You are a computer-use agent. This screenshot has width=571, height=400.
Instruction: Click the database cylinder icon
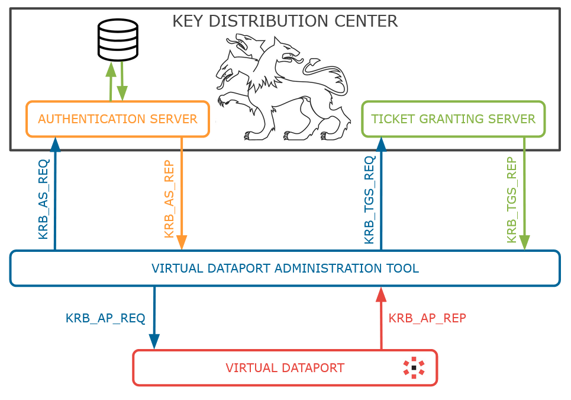[x=118, y=40]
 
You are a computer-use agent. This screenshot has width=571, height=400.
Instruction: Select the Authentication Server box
[x=118, y=119]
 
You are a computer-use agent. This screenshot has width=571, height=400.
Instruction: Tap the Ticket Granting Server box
[x=453, y=119]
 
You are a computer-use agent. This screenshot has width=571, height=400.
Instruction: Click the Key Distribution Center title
[x=285, y=21]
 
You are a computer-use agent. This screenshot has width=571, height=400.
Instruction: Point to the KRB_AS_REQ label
[x=43, y=199]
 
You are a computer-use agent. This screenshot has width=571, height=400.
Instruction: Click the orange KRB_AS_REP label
[x=169, y=199]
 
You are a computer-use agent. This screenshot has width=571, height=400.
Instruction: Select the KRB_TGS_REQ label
[x=369, y=200]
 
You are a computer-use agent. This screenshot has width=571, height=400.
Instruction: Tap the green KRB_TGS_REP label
[x=512, y=200]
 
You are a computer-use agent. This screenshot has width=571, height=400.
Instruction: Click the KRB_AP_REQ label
[x=105, y=318]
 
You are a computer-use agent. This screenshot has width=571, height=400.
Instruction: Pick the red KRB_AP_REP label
[x=427, y=318]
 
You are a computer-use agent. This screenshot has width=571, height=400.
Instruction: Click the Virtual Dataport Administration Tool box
[x=285, y=268]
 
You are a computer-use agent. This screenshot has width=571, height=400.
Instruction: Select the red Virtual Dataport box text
[x=285, y=368]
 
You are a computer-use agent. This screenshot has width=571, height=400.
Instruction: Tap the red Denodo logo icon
[x=414, y=367]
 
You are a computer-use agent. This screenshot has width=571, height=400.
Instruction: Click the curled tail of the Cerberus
[x=328, y=73]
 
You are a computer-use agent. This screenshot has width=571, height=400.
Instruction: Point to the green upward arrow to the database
[x=111, y=81]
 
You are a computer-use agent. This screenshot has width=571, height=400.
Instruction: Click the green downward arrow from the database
[x=122, y=81]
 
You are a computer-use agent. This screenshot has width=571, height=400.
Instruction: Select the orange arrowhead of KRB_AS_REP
[x=181, y=242]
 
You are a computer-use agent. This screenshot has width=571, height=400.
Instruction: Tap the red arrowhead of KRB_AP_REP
[x=381, y=295]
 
